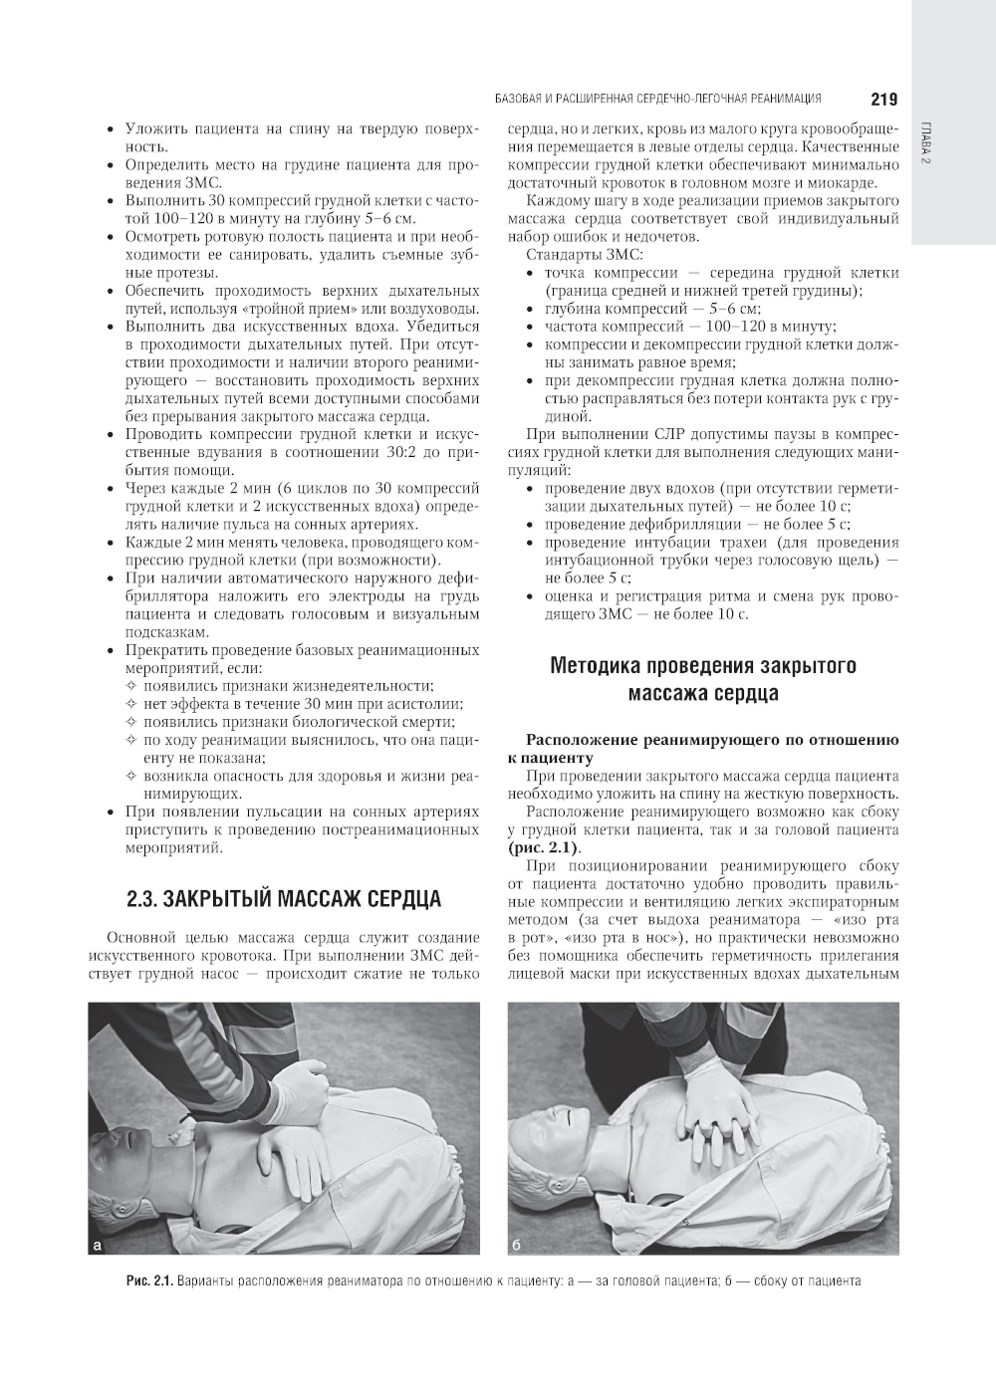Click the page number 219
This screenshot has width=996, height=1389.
[883, 99]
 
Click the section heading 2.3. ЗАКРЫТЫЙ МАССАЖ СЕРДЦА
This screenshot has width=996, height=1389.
[284, 899]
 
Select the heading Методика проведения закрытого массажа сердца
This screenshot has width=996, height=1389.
[703, 679]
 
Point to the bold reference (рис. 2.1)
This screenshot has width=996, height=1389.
[543, 848]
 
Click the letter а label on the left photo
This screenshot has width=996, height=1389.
[98, 1245]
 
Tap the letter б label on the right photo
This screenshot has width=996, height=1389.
[517, 1245]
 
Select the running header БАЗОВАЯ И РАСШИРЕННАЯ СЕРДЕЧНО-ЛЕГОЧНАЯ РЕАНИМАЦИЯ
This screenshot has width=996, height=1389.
[657, 99]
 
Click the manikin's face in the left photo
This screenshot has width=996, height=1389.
[124, 1155]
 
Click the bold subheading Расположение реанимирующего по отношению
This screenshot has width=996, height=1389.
[712, 740]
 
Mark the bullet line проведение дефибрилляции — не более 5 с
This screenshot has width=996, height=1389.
[697, 524]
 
